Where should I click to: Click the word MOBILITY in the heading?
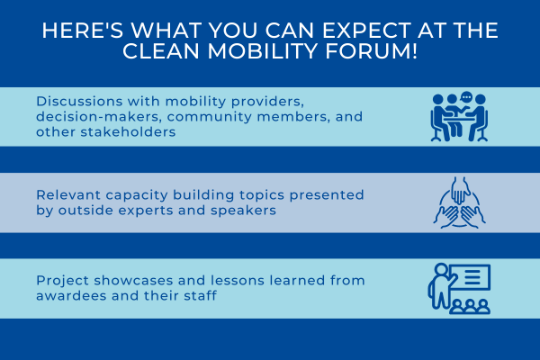(262, 51)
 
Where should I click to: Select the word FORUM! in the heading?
(371, 51)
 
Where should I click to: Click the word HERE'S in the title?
(83, 30)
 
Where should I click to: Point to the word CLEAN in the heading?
(161, 51)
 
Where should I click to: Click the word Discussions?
(79, 102)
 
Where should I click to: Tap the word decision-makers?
(99, 117)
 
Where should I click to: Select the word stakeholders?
(128, 132)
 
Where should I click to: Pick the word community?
(210, 118)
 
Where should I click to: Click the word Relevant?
(68, 195)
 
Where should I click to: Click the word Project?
(63, 281)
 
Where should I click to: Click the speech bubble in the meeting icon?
(466, 98)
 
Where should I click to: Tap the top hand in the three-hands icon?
(460, 191)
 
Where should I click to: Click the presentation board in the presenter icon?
(472, 277)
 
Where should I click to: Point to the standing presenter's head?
(441, 269)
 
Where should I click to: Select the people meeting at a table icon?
(459, 117)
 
